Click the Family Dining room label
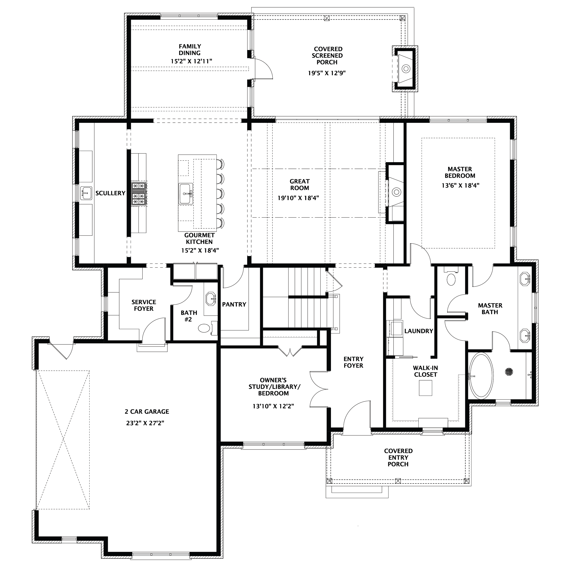coord(190,50)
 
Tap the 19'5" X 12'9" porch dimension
coord(327,73)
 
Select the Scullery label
coord(110,193)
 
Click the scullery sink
coord(86,193)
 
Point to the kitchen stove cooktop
coord(139,194)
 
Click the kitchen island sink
coord(186,194)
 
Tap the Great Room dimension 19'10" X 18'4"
coord(298,198)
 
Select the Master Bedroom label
coord(460,172)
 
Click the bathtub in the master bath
coord(481,375)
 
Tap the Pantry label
coord(234,304)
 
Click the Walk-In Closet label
coord(426,371)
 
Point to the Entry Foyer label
coord(354,362)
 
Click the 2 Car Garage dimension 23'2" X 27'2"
coord(145,423)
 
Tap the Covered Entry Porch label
coord(398,457)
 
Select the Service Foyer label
coord(144,305)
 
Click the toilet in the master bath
coord(451,277)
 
